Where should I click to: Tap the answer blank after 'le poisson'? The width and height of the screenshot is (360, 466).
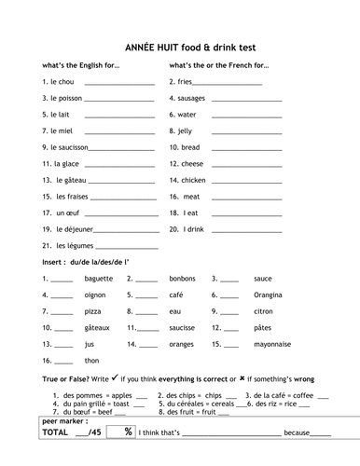click(118, 98)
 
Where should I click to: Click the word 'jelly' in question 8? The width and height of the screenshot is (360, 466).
click(190, 130)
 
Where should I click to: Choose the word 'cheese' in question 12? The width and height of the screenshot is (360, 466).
click(193, 163)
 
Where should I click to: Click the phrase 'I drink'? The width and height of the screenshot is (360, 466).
click(193, 228)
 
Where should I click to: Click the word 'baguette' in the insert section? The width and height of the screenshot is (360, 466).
click(98, 278)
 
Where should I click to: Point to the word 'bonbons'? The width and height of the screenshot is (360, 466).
click(182, 278)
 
